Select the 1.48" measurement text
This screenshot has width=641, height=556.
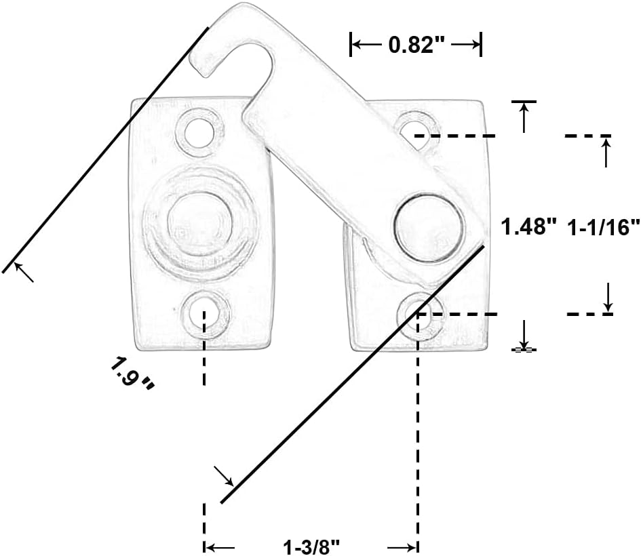pos(528,226)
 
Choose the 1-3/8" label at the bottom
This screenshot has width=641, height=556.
pos(311,547)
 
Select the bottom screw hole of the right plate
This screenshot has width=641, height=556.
pos(419,313)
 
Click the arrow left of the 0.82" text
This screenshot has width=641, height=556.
pos(366,45)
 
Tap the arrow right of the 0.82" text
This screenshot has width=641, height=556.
pos(467,45)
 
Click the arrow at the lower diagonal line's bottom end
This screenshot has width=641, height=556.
pos(224,477)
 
